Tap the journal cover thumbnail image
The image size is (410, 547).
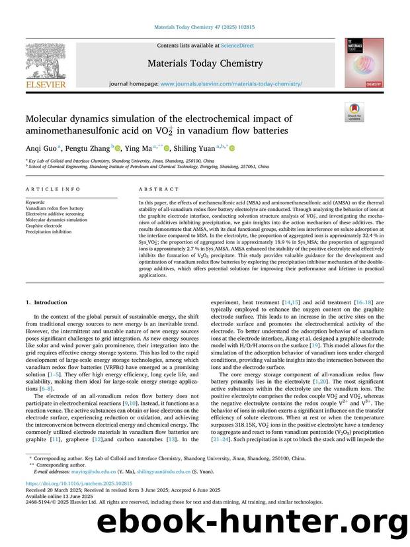[363, 63]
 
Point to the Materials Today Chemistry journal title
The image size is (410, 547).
[205, 63]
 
